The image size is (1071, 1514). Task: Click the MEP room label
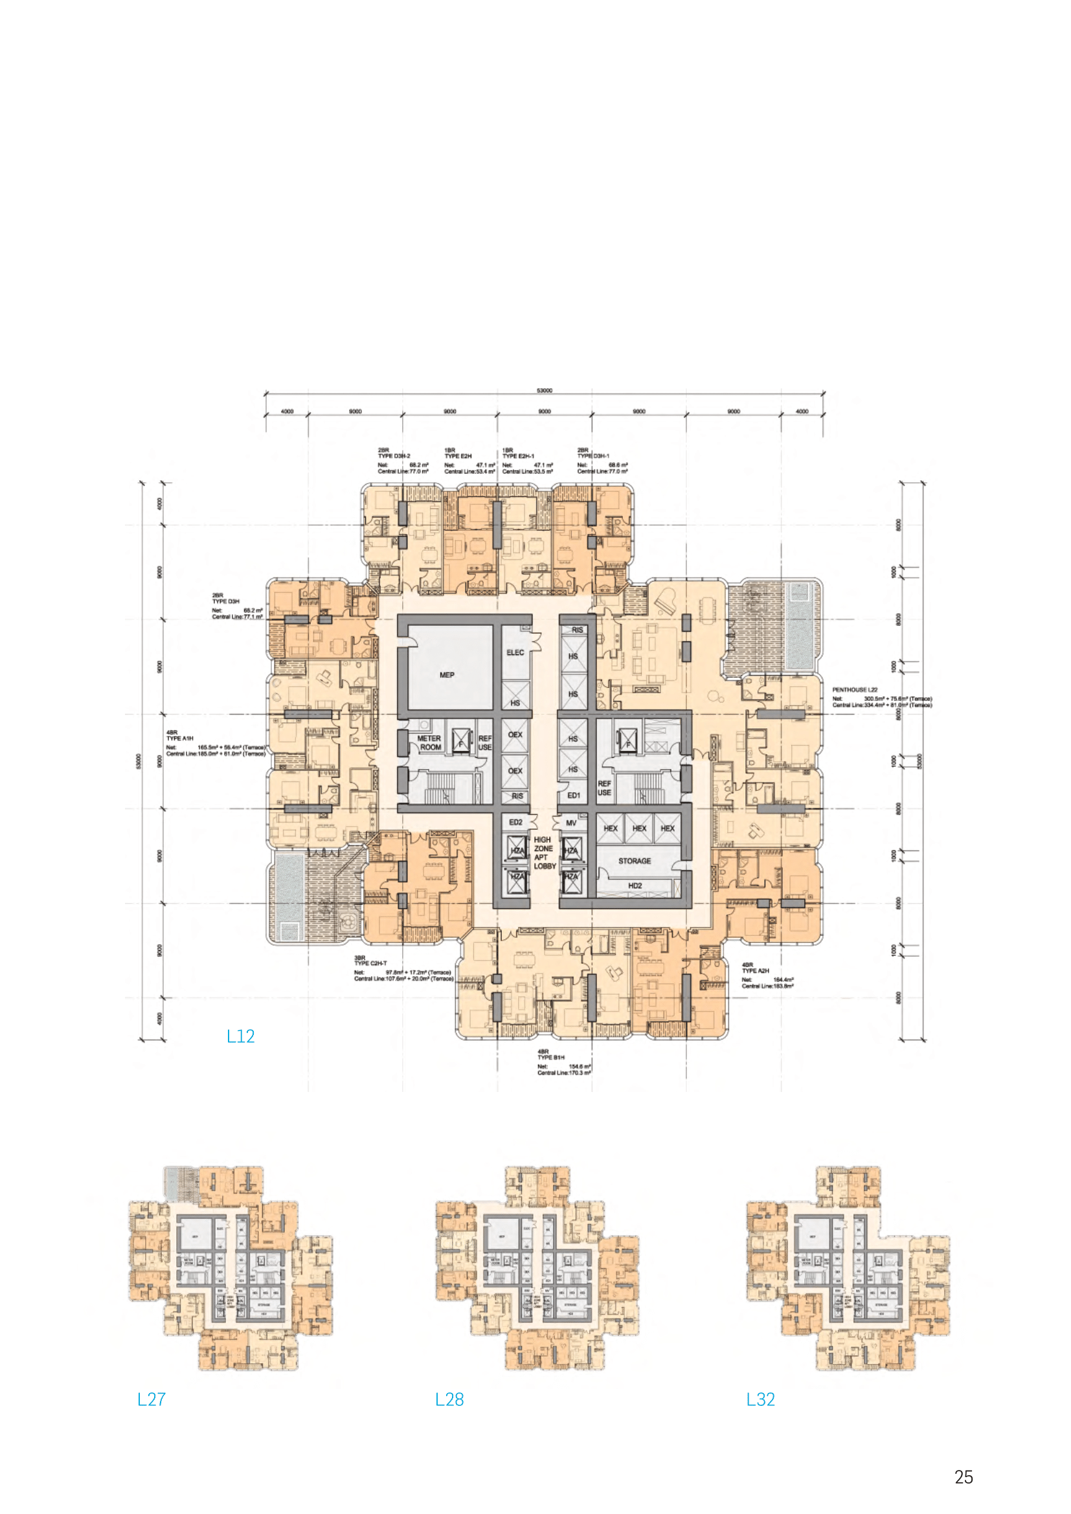(447, 674)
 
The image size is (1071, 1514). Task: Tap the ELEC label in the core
(515, 652)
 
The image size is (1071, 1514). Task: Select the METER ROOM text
(429, 742)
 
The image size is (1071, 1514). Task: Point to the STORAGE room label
(635, 860)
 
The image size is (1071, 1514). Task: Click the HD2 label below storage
(635, 885)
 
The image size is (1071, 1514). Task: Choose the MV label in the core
(571, 823)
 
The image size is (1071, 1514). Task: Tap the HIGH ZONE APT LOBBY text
(544, 852)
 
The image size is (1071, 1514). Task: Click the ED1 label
(574, 796)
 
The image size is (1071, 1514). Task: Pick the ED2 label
(515, 822)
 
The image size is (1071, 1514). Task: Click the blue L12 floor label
(240, 1036)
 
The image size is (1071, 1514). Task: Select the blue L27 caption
(151, 1399)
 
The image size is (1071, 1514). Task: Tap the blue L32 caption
(760, 1399)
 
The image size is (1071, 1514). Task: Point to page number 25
(964, 1477)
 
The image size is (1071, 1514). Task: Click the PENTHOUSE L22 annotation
(855, 690)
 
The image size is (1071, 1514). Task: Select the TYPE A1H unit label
(179, 739)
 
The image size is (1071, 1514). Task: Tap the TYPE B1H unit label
(550, 1057)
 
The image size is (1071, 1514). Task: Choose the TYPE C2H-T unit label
(370, 963)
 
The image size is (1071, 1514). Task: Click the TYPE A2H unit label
(755, 971)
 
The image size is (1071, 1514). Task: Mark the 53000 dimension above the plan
(544, 390)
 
